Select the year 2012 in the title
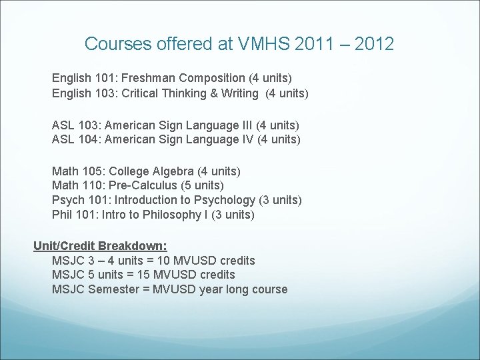375,45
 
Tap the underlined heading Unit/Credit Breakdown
100,245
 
